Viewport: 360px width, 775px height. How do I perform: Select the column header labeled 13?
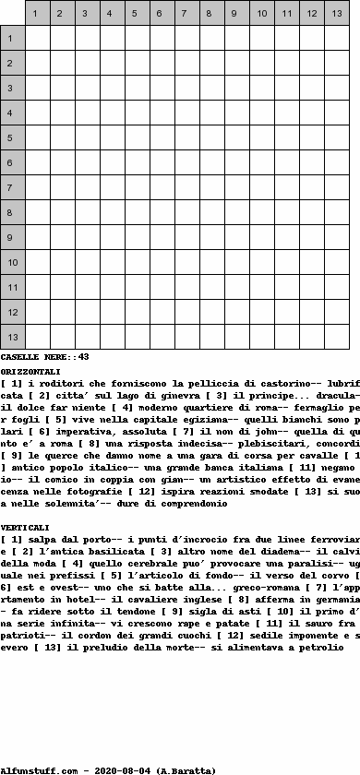point(336,14)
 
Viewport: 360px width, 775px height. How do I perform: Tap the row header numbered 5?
point(13,138)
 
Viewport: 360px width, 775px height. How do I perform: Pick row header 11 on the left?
point(13,288)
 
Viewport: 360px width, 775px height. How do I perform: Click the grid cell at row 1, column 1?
point(37,39)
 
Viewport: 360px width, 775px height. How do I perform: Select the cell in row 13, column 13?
point(336,338)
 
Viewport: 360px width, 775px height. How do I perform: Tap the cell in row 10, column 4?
point(112,263)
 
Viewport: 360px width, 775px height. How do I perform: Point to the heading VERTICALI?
point(25,527)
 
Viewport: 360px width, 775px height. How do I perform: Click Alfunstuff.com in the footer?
point(33,769)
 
